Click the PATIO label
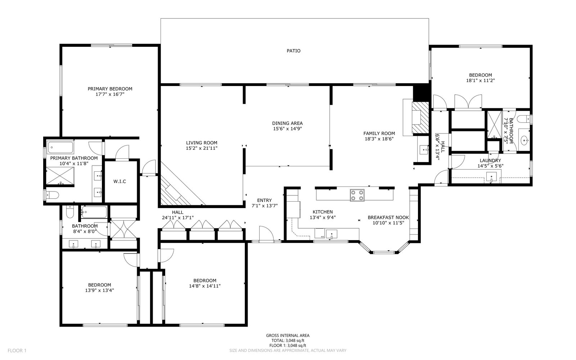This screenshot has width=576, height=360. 293,51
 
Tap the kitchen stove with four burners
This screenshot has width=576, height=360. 357,195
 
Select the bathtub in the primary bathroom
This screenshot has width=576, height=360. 60,147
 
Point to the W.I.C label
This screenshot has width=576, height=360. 120,181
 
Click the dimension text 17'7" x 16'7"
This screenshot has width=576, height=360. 110,94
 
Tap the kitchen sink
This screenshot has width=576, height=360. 332,234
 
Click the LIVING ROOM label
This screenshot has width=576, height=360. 202,143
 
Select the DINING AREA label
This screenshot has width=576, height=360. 287,123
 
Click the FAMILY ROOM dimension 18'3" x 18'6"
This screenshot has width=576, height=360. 379,139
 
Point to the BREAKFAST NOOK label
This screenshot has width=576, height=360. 388,217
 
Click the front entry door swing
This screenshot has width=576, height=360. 266,234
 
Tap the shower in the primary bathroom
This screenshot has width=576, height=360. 60,176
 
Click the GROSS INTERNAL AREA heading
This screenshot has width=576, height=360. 288,336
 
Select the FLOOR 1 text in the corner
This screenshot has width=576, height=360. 17,351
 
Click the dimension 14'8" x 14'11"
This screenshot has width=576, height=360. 205,286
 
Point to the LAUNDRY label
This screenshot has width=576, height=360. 490,161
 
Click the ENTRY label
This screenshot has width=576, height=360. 264,200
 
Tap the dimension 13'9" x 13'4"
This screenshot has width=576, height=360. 99,290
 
